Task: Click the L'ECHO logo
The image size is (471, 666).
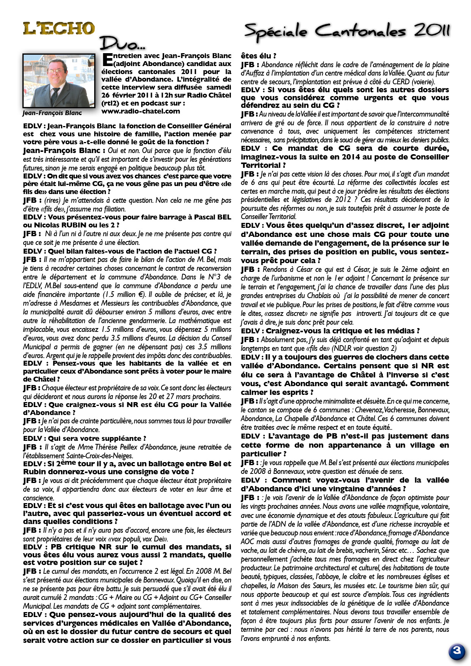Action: point(59,29)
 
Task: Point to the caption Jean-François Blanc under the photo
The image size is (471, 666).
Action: point(52,113)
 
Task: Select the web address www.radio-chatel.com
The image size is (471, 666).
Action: point(141,111)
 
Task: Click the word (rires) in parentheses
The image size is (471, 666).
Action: point(52,200)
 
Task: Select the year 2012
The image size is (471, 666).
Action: point(345,200)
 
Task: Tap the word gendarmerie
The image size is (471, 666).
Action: point(147,321)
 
